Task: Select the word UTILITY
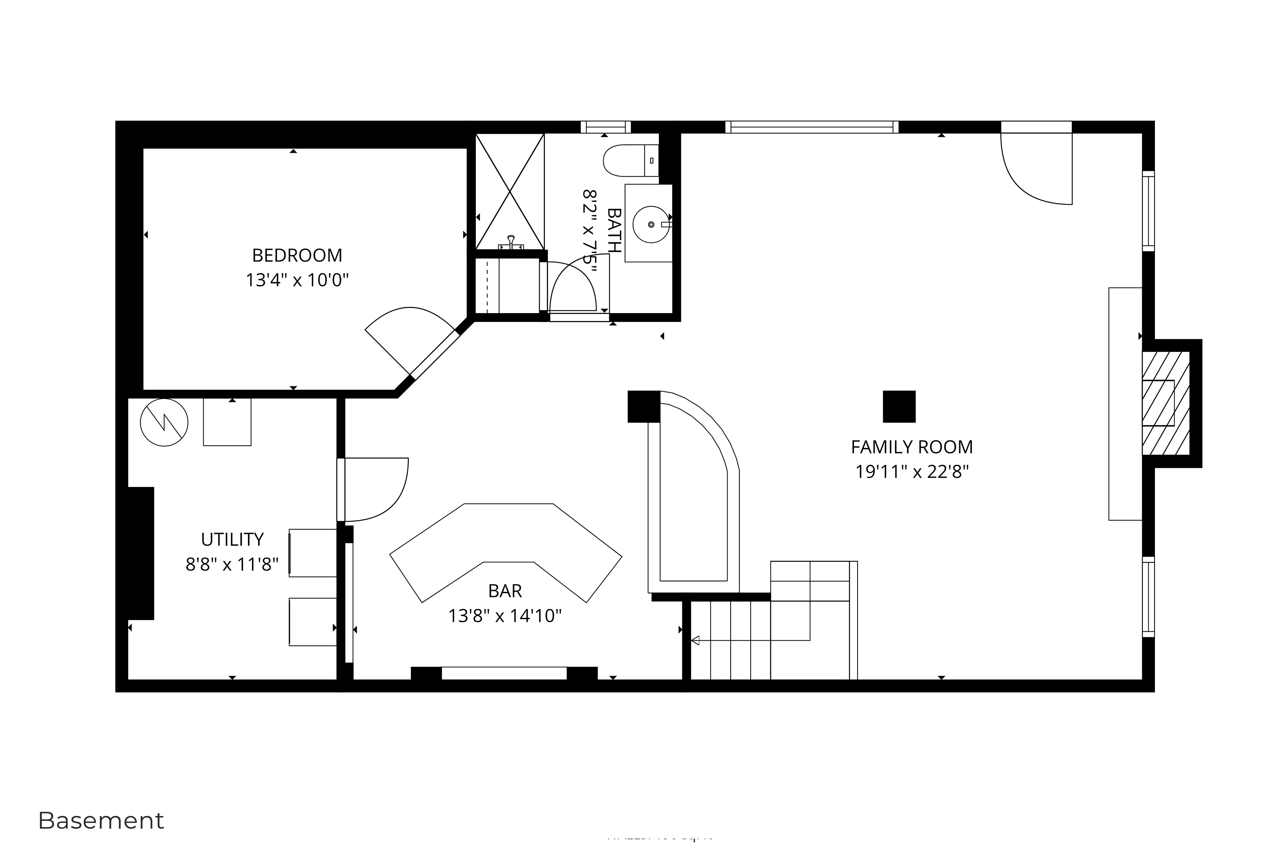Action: point(232,539)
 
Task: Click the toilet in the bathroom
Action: point(627,161)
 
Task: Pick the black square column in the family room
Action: point(898,406)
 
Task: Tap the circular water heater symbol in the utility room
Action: point(164,422)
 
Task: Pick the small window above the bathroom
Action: point(605,127)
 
